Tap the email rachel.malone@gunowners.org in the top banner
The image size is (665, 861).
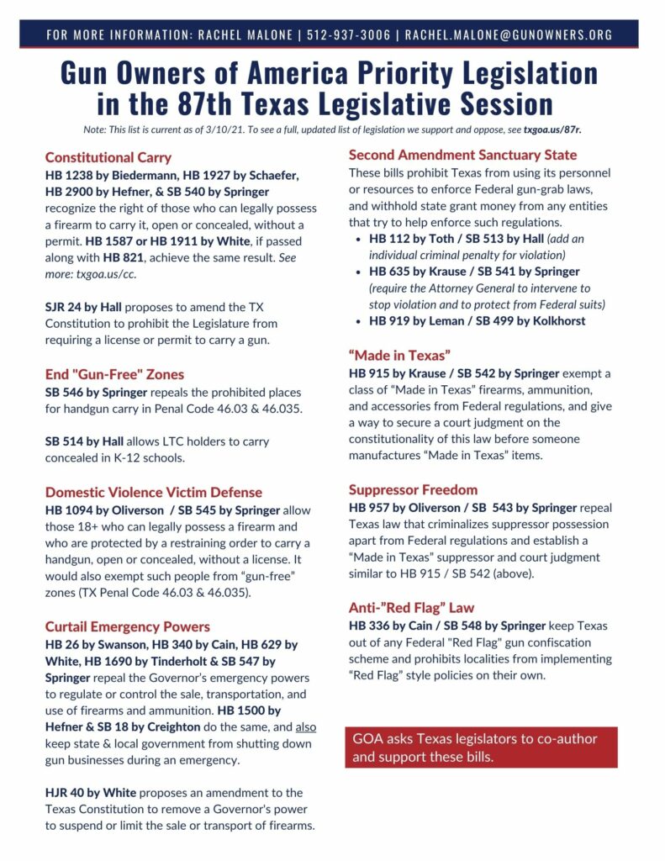pyautogui.click(x=509, y=34)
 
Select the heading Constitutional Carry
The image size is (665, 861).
pyautogui.click(x=108, y=157)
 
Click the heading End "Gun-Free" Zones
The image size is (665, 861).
pyautogui.click(x=114, y=374)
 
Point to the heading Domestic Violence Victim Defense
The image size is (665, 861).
pyautogui.click(x=154, y=492)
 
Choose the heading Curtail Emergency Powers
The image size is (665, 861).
pyautogui.click(x=128, y=626)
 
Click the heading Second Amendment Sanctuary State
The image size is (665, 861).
pyautogui.click(x=462, y=155)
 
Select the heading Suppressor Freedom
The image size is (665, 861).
pyautogui.click(x=413, y=489)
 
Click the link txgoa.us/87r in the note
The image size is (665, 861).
pyautogui.click(x=552, y=130)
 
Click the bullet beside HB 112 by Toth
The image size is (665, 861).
pyautogui.click(x=358, y=239)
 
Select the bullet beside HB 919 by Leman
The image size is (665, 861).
pyautogui.click(x=358, y=320)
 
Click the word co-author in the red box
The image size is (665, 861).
pyautogui.click(x=562, y=739)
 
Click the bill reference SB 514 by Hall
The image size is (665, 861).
pyautogui.click(x=80, y=441)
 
